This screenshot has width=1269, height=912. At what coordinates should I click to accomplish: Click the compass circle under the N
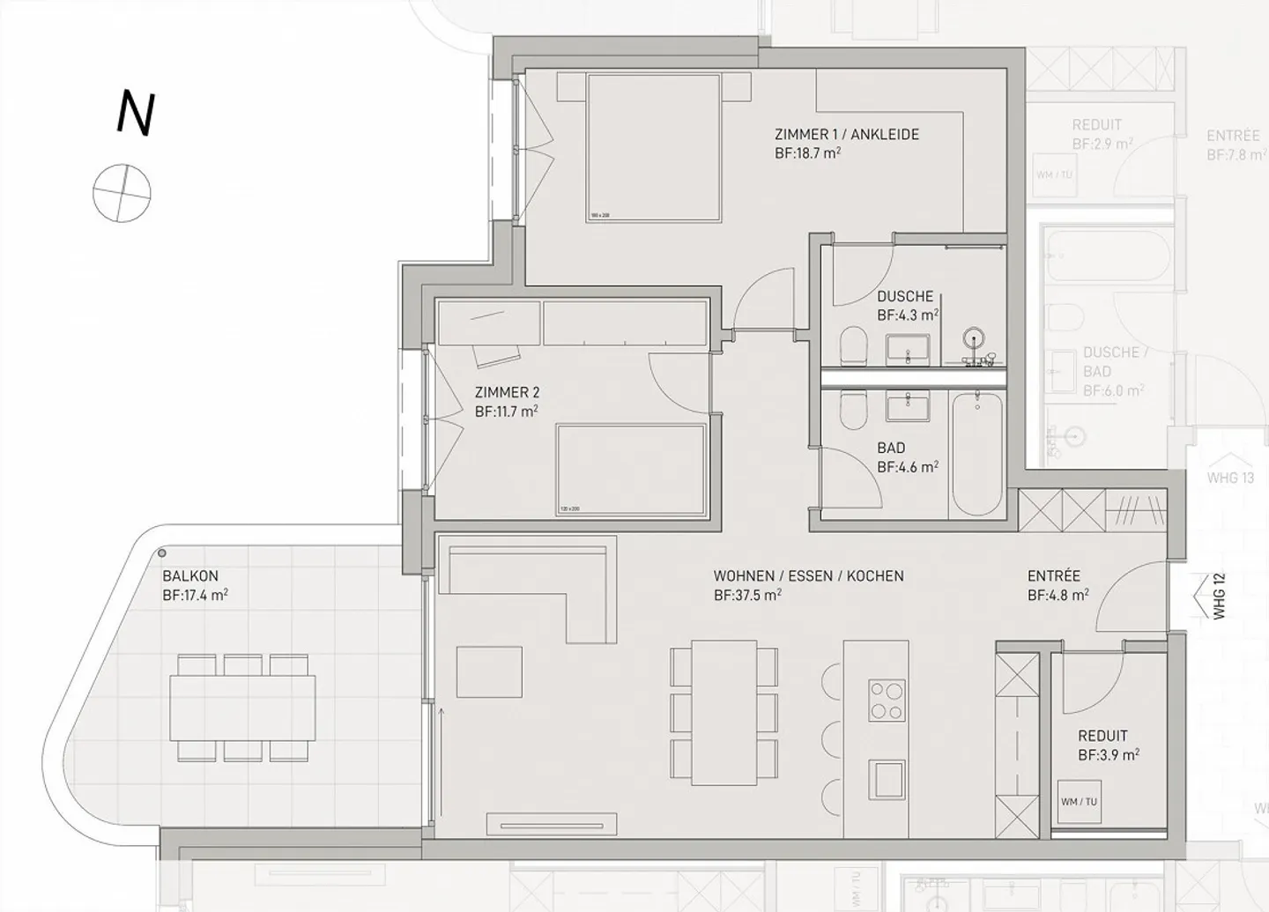pyautogui.click(x=122, y=192)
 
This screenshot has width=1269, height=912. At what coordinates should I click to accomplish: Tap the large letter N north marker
pyautogui.click(x=136, y=115)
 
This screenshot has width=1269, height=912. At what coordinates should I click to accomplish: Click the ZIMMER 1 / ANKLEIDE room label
pyautogui.click(x=846, y=135)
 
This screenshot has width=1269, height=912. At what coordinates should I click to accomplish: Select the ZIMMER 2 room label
pyautogui.click(x=507, y=393)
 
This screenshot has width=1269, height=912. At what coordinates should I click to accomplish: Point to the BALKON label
pyautogui.click(x=190, y=576)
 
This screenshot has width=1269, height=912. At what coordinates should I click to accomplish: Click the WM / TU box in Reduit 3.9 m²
pyautogui.click(x=1079, y=801)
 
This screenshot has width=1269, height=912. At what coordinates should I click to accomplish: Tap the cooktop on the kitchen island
pyautogui.click(x=886, y=701)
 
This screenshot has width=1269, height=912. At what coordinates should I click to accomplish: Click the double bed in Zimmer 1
pyautogui.click(x=654, y=147)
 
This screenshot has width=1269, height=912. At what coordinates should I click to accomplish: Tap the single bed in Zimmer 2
pyautogui.click(x=631, y=470)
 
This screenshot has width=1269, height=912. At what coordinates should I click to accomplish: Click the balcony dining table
pyautogui.click(x=243, y=708)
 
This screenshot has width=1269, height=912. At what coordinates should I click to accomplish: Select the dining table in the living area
pyautogui.click(x=724, y=712)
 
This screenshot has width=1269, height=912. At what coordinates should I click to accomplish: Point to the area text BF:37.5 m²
pyautogui.click(x=747, y=595)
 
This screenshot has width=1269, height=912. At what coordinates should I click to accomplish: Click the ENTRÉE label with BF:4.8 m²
pyautogui.click(x=1054, y=576)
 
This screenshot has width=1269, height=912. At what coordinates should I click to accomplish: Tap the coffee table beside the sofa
pyautogui.click(x=489, y=671)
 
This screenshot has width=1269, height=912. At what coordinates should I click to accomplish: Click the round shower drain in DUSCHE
pyautogui.click(x=974, y=337)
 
